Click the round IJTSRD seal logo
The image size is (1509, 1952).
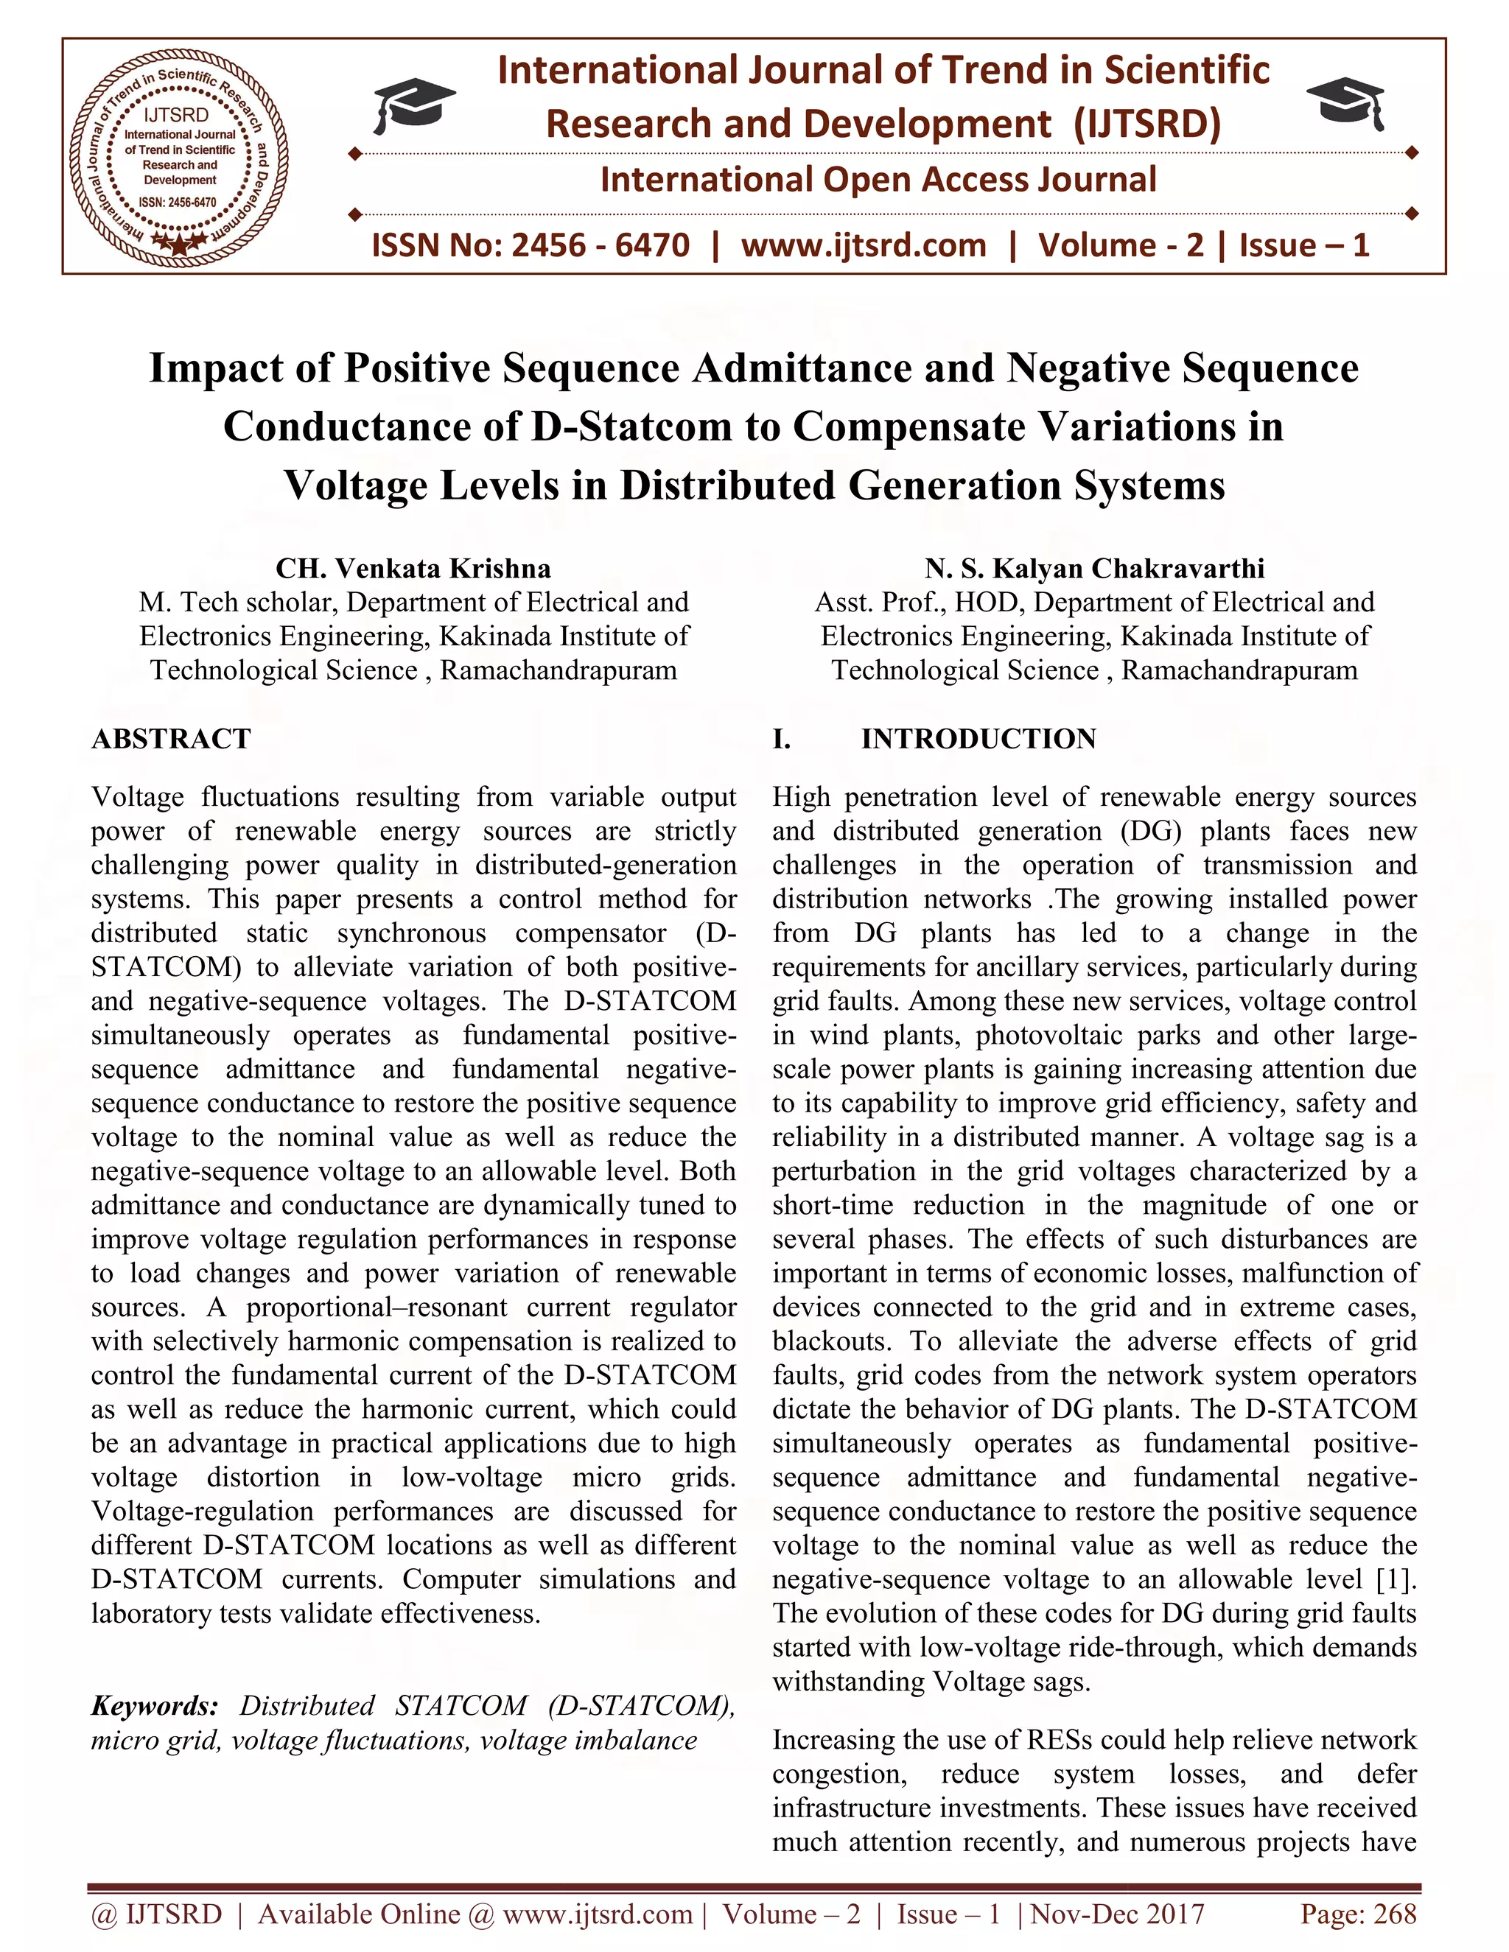point(179,155)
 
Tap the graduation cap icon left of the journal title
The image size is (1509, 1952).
point(413,104)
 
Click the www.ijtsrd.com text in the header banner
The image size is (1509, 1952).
point(864,245)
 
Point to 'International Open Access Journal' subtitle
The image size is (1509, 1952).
point(878,180)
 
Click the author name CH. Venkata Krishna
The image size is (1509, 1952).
point(413,569)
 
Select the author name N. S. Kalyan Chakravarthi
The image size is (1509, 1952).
point(1094,569)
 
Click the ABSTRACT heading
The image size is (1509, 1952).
point(172,739)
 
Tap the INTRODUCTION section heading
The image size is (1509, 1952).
point(978,739)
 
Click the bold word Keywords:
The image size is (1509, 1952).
point(155,1705)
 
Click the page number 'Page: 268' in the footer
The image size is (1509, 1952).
point(1358,1914)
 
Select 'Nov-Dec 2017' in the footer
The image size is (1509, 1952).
point(1118,1914)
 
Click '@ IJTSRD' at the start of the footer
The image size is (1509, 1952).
point(156,1914)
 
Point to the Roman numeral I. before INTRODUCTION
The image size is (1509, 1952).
point(781,739)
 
